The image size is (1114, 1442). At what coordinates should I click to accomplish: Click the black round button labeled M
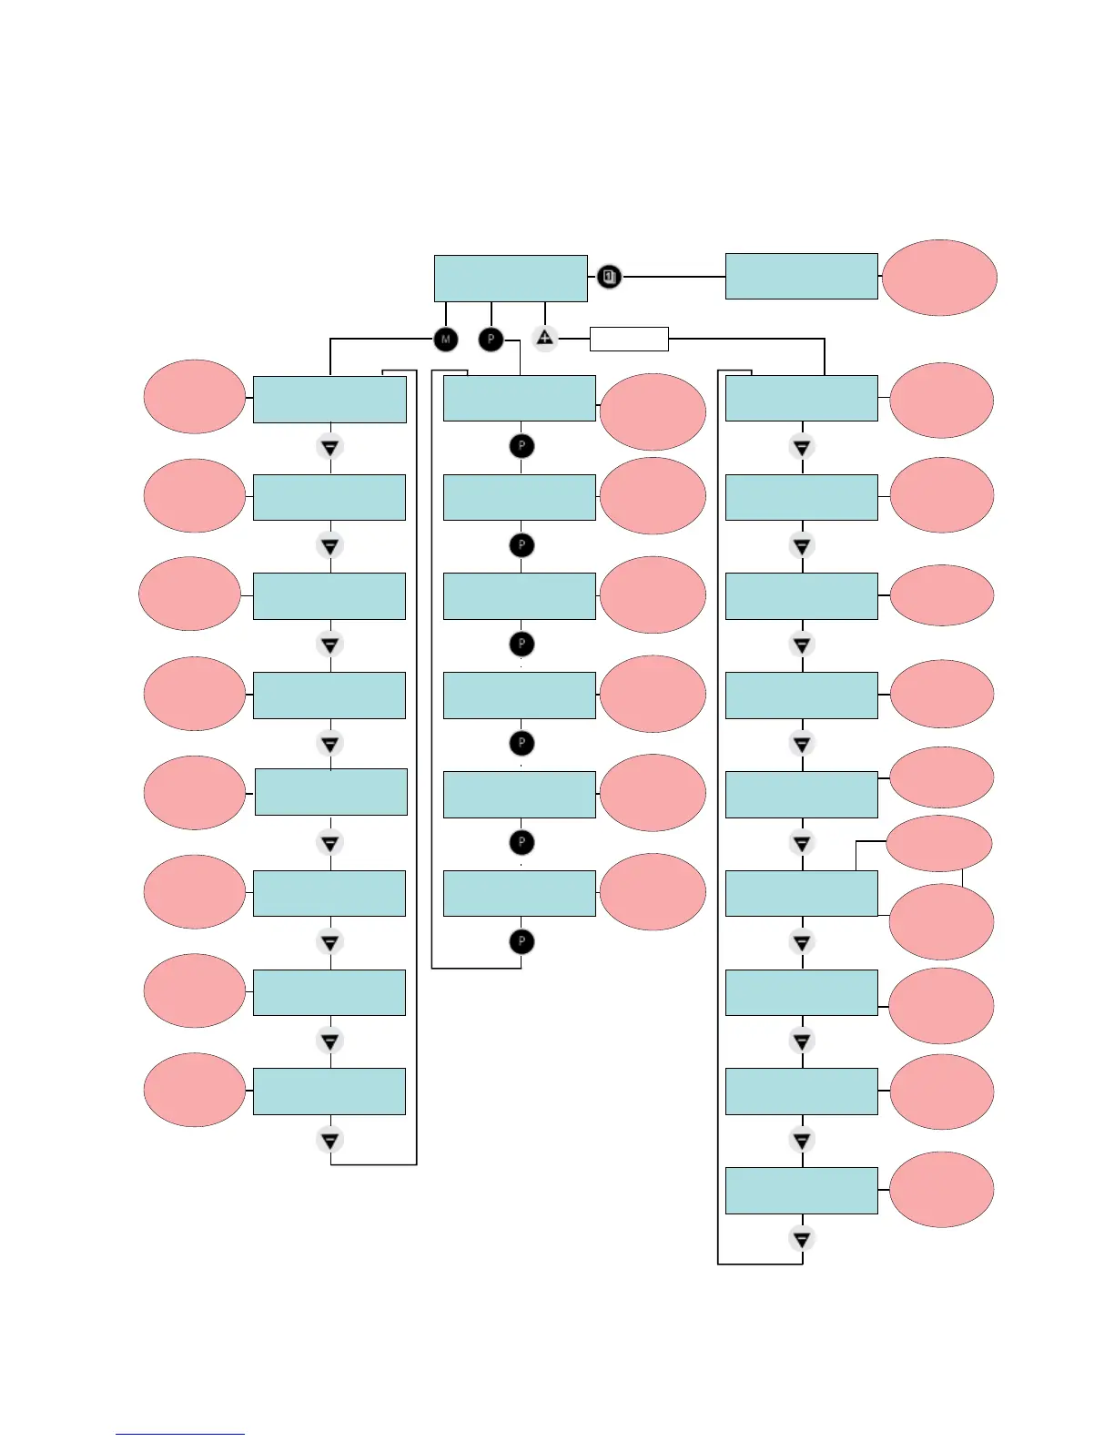[x=445, y=340]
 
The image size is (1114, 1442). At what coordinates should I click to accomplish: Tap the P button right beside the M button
[x=491, y=340]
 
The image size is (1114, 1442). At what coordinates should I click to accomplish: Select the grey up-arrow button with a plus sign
[x=544, y=339]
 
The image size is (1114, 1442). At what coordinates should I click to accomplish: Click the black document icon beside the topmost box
[x=609, y=276]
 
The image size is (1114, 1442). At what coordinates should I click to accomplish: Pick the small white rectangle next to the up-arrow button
[x=629, y=339]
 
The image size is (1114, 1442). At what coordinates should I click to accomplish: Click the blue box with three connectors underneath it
[x=511, y=279]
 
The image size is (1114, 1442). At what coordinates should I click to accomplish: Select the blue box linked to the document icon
[x=801, y=276]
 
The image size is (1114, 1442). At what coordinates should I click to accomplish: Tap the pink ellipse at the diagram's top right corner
[x=939, y=278]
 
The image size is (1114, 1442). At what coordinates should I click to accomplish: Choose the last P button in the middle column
[x=522, y=941]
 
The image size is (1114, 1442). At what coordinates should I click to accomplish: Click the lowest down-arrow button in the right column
[x=802, y=1239]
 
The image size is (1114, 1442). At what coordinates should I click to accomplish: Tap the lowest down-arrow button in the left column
[x=330, y=1140]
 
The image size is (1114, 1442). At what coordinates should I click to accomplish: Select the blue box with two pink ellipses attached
[x=801, y=893]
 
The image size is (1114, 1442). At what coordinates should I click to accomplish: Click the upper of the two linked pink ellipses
[x=938, y=844]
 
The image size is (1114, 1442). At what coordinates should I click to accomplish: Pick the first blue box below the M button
[x=329, y=399]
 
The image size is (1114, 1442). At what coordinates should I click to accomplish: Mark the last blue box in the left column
[x=329, y=1092]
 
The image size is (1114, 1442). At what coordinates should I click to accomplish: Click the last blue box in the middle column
[x=520, y=893]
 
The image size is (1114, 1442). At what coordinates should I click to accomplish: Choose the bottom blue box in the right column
[x=801, y=1190]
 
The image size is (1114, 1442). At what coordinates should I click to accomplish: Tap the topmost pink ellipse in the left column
[x=194, y=397]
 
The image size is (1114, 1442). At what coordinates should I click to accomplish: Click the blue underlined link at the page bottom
[x=180, y=1433]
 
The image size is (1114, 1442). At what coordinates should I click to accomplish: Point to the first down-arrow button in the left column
[x=330, y=448]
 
